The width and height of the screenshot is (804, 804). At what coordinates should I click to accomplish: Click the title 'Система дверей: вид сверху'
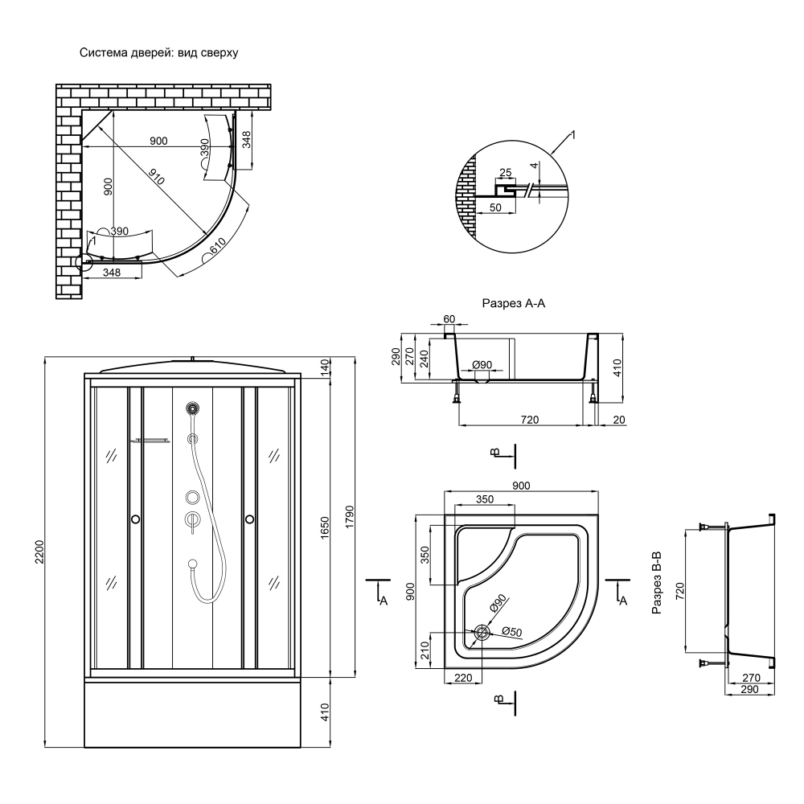click(158, 53)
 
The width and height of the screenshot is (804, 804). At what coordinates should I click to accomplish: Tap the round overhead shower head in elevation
click(191, 409)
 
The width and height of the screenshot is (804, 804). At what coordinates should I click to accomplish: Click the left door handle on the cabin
click(134, 519)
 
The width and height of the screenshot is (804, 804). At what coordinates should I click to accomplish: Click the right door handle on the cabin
click(250, 519)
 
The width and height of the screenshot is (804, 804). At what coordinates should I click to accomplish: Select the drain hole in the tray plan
click(482, 633)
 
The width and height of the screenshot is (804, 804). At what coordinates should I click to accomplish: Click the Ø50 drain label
click(512, 632)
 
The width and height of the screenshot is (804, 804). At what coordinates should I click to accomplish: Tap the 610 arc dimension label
click(217, 248)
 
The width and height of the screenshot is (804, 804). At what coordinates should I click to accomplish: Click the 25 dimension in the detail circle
click(505, 173)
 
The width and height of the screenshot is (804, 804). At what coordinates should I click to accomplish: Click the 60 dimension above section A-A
click(449, 319)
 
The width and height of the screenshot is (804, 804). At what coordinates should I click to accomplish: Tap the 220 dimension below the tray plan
click(462, 678)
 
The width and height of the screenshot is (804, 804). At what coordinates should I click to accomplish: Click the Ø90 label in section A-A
click(482, 364)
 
